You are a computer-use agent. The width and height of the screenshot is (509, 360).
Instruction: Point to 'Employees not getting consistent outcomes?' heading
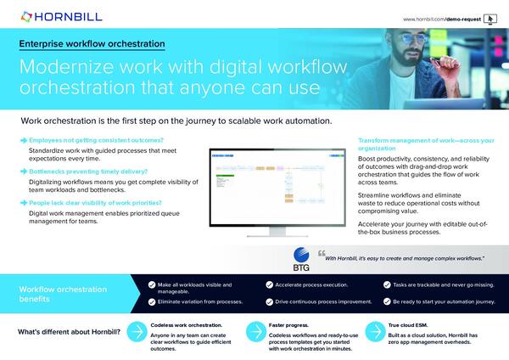pos(96,139)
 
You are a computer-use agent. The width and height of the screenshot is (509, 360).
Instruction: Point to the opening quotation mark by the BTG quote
pos(321,253)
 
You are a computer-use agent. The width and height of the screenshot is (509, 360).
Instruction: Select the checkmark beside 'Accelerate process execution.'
pos(269,285)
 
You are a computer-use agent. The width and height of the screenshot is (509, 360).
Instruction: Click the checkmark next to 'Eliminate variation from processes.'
pos(152,301)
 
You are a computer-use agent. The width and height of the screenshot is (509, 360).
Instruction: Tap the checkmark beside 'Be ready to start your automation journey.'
pos(386,301)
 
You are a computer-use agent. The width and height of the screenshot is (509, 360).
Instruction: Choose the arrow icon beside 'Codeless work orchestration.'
pos(135,332)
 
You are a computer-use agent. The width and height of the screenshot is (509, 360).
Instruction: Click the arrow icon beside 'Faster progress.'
pos(252,332)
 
